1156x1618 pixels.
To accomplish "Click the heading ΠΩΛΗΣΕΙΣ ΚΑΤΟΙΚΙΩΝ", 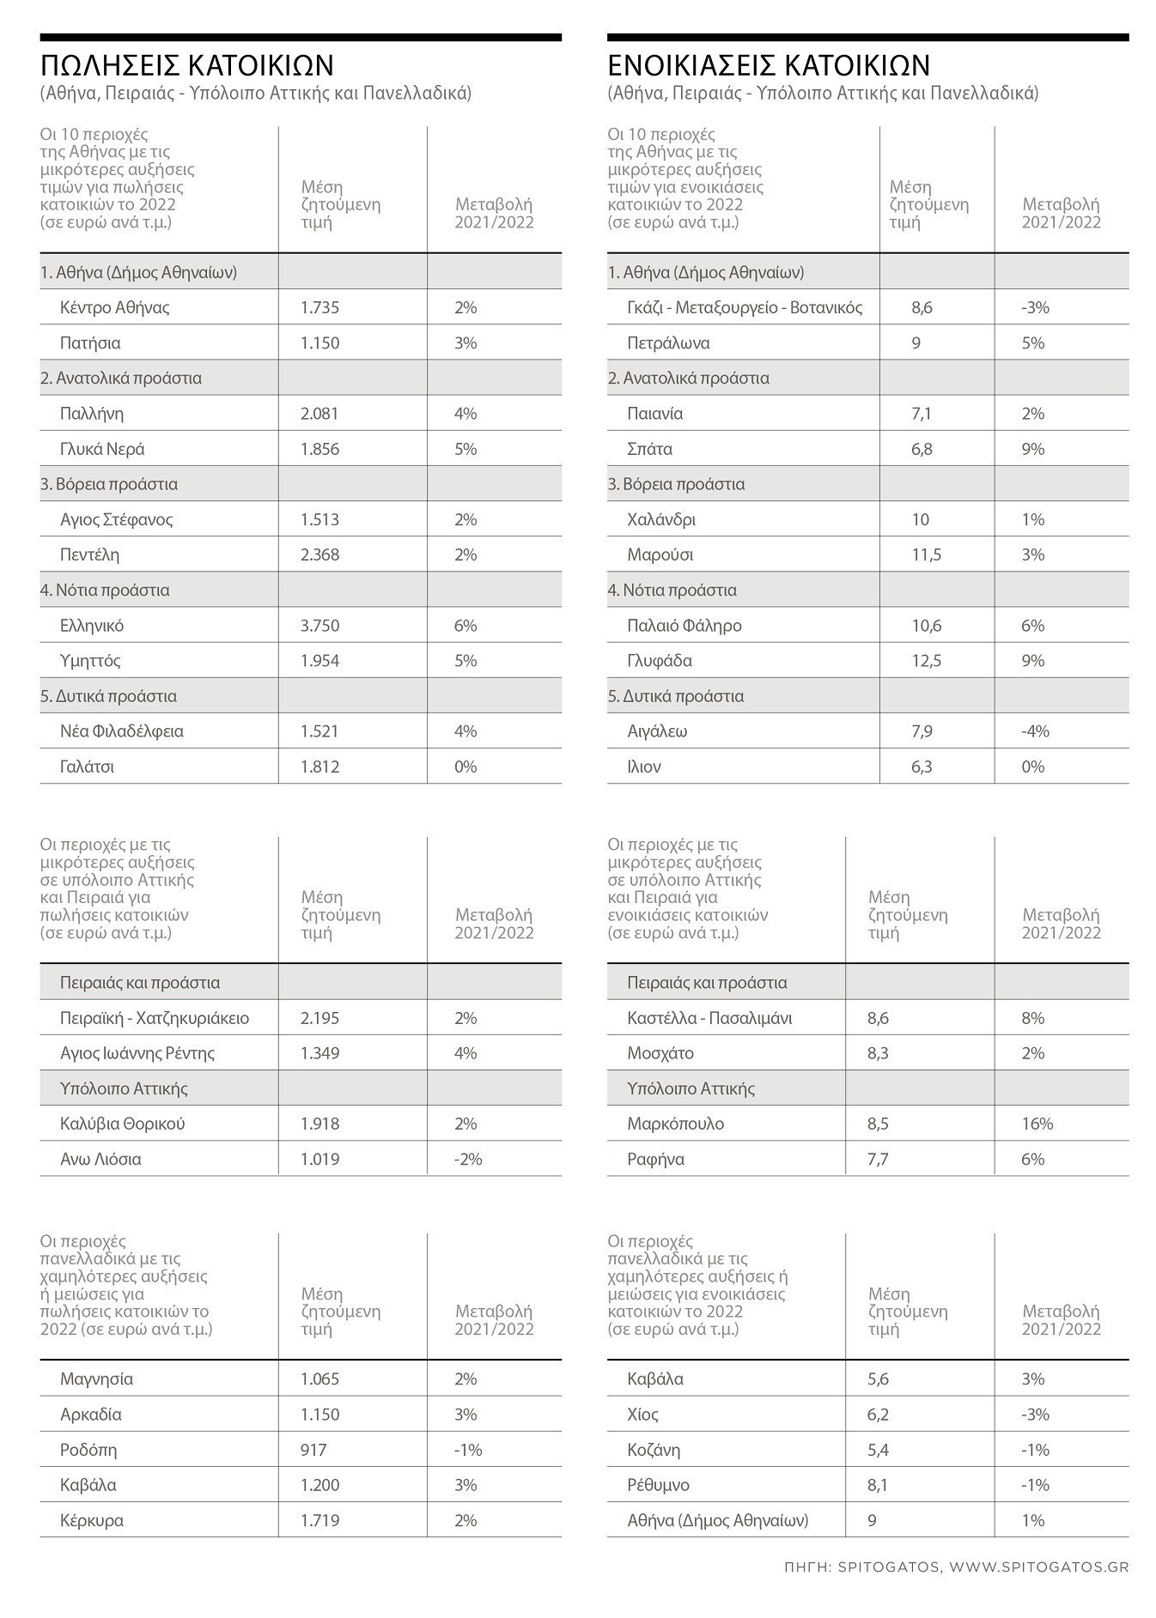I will coord(186,65).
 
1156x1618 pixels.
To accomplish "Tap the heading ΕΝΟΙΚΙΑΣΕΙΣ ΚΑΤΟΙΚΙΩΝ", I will coord(769,65).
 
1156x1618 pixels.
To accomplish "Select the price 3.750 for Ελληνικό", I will coord(319,626).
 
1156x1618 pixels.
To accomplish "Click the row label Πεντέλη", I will coord(89,555).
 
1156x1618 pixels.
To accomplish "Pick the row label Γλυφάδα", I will coord(660,661).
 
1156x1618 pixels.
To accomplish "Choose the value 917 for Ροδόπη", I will coord(313,1450).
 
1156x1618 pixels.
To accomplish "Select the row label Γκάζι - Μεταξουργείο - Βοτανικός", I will coord(745,308).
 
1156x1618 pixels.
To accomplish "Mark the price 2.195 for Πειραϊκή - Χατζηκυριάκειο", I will coord(319,1018).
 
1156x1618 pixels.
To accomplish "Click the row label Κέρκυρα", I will coord(92,1520).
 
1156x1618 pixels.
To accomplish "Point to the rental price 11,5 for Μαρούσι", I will coord(926,555).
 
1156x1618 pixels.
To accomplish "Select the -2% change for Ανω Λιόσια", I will coord(468,1159).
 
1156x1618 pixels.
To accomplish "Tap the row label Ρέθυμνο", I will coord(658,1485).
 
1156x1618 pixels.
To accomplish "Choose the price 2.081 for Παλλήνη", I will coord(319,414).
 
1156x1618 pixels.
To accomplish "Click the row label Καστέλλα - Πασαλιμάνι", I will coord(709,1018).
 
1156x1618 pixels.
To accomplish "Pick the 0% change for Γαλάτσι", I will coord(465,767).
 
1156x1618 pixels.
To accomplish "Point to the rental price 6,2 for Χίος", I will coord(878,1415).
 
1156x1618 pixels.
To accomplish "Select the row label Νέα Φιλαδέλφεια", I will coord(122,731).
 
